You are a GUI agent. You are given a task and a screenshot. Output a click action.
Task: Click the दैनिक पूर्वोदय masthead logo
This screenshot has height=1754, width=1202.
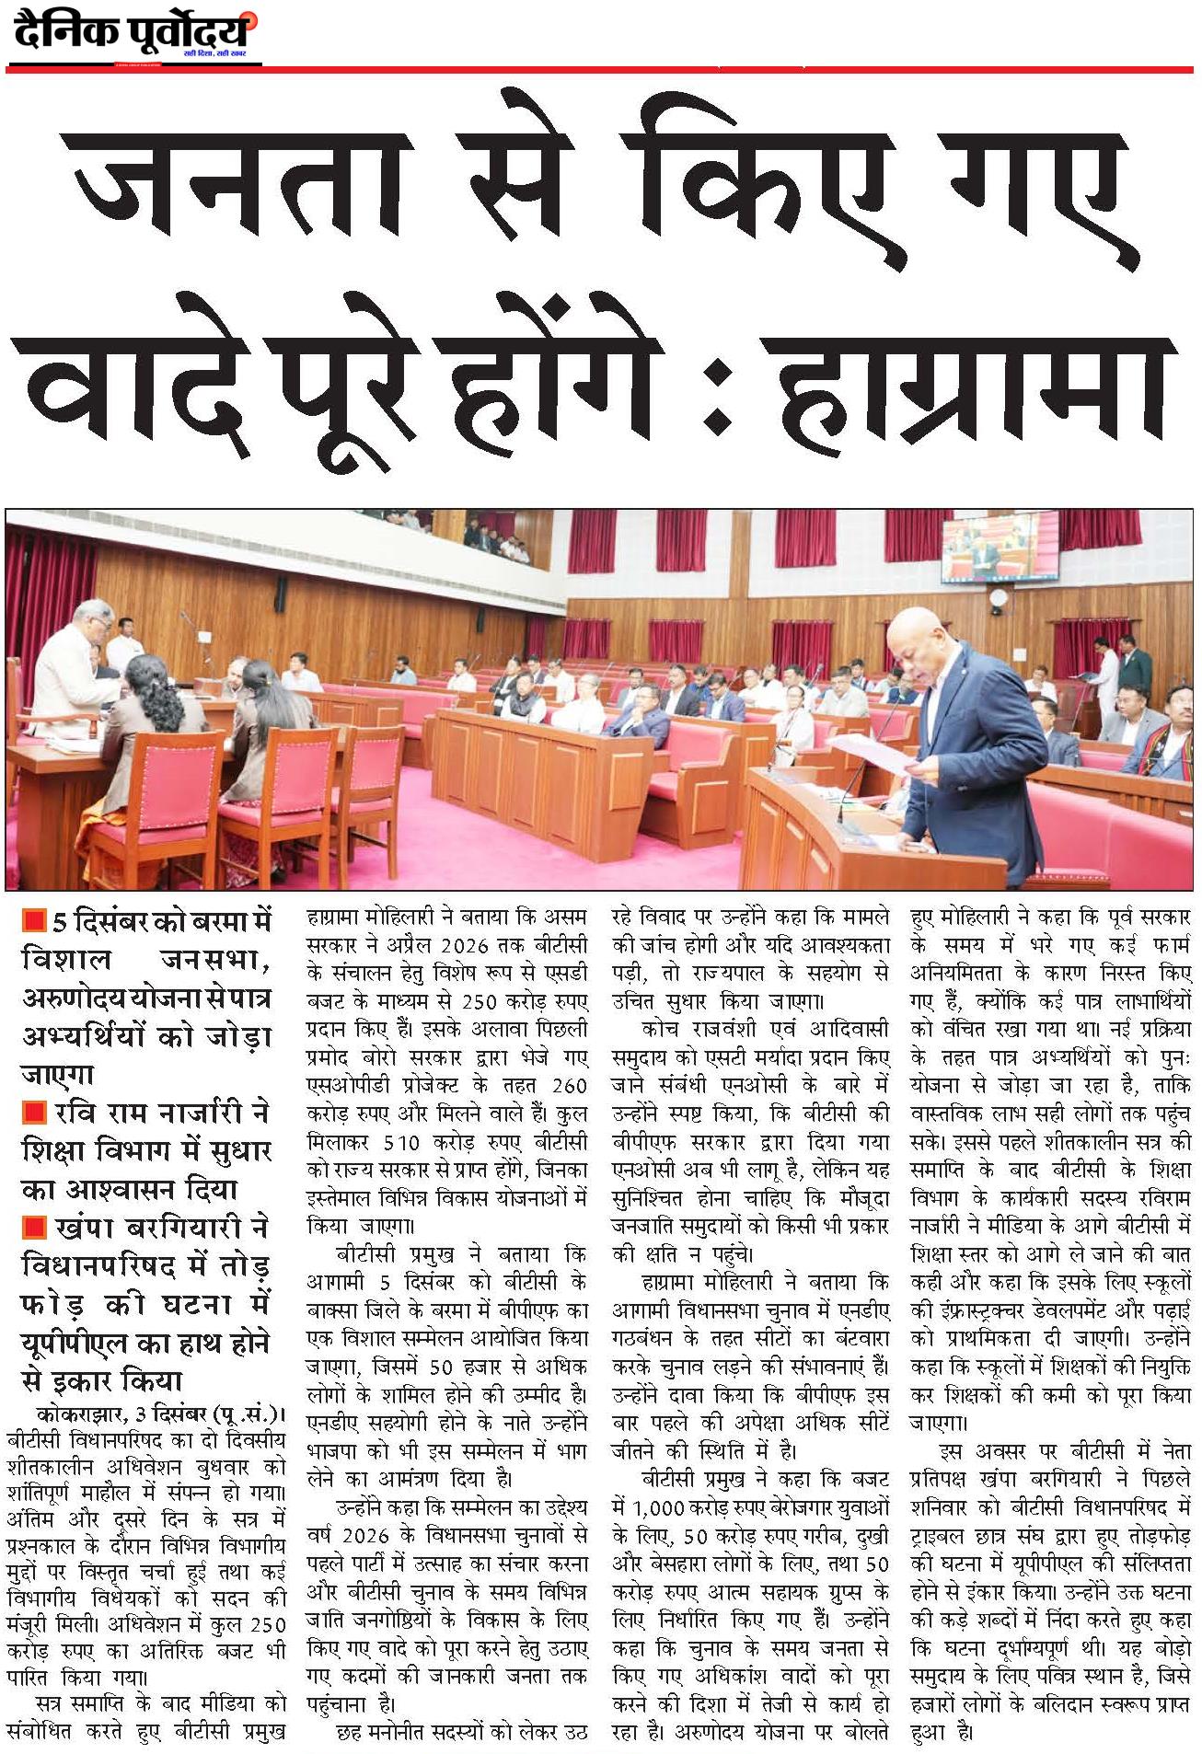pyautogui.click(x=134, y=34)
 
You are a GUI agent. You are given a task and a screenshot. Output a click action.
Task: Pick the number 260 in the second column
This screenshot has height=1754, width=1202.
pyautogui.click(x=569, y=1086)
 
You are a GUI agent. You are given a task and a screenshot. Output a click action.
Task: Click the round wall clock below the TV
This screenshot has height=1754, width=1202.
pyautogui.click(x=999, y=597)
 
